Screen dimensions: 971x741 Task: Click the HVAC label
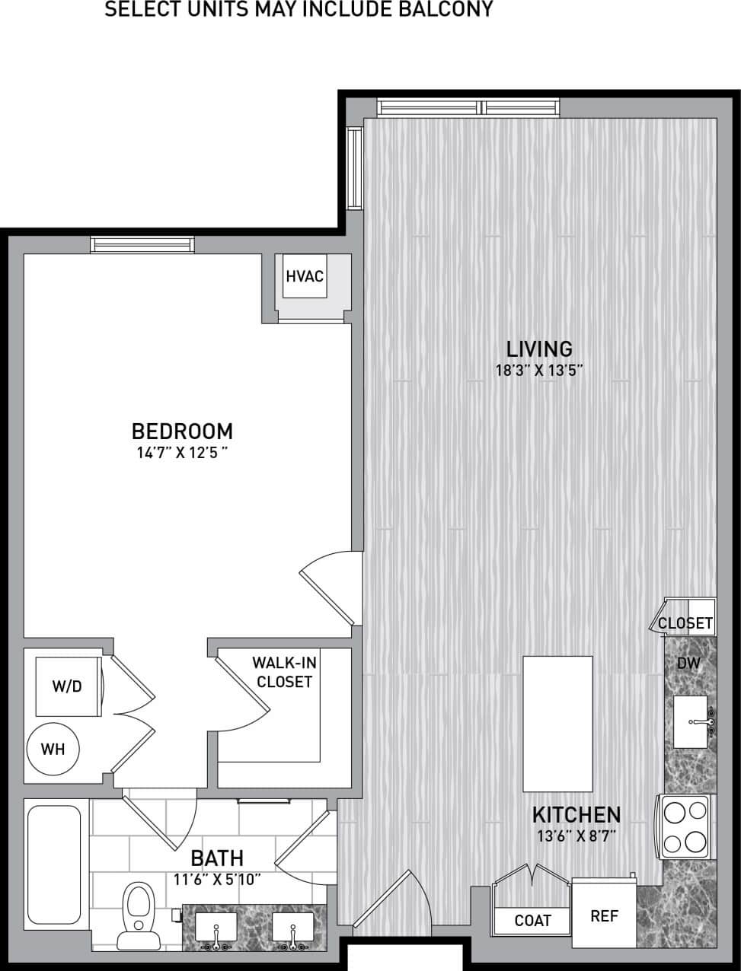pos(305,276)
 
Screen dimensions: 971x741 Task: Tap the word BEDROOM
pos(182,431)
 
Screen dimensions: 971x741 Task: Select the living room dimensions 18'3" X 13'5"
pos(539,371)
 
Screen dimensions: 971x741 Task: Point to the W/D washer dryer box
pos(68,686)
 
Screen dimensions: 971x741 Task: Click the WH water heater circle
pos(53,749)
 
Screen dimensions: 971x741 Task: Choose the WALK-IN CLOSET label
pos(284,672)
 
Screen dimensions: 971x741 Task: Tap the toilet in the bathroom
pos(138,909)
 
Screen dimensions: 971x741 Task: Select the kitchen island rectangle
pos(557,724)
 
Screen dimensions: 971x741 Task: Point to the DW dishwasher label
pos(688,663)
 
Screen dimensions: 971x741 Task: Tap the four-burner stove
pos(685,826)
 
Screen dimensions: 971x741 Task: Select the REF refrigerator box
pos(605,915)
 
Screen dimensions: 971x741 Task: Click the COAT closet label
pos(532,921)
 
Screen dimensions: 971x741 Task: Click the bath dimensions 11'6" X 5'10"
pos(217,880)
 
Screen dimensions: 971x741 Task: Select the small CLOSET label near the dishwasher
pos(685,623)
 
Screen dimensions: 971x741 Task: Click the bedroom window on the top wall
pos(142,244)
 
